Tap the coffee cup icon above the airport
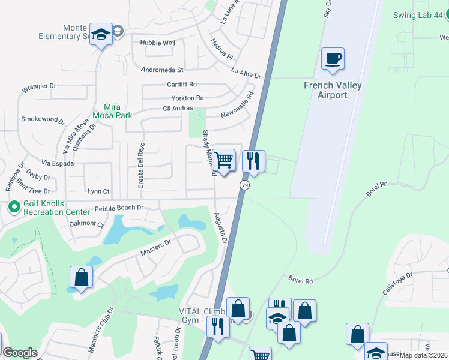[333, 59]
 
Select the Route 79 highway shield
[244, 185]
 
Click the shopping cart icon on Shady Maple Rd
[223, 160]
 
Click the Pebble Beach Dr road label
[119, 208]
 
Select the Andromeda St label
[161, 70]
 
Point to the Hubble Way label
[157, 43]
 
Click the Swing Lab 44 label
[417, 15]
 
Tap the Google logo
[20, 353]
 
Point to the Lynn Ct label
[98, 191]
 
